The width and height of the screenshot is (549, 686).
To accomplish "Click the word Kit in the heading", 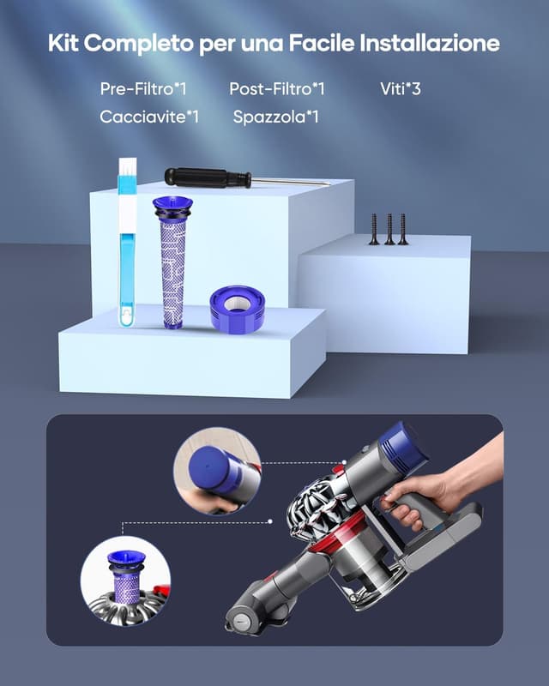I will click(x=65, y=43).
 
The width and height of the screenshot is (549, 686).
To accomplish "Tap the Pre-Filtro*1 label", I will click(x=143, y=88).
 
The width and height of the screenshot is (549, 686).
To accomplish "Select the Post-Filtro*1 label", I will click(x=277, y=88).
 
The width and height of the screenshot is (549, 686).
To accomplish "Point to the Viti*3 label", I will click(x=401, y=88).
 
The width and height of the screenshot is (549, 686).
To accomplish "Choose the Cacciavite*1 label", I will click(x=149, y=117).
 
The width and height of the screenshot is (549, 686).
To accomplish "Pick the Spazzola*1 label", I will click(x=276, y=117).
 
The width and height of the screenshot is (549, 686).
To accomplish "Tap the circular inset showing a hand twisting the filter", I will click(x=216, y=471).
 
